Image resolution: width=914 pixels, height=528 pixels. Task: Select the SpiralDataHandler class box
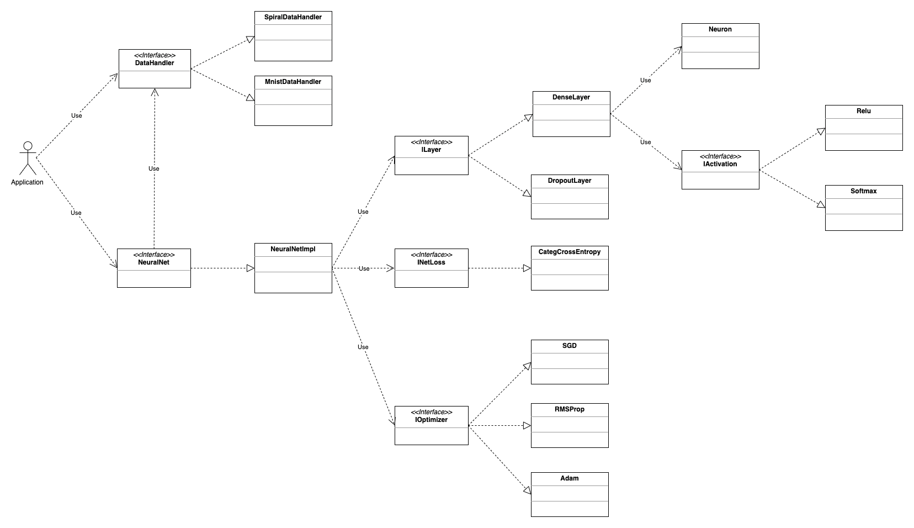[293, 36]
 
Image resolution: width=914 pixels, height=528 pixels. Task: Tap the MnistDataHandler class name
[293, 82]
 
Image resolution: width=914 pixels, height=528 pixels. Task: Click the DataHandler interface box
[155, 68]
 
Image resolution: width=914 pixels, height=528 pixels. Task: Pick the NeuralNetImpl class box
[293, 268]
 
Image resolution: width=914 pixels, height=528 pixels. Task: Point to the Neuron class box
[720, 46]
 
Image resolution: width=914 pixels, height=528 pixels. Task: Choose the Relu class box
[864, 128]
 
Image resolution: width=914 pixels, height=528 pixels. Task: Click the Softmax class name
[864, 191]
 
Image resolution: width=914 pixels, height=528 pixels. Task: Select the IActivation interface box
[720, 170]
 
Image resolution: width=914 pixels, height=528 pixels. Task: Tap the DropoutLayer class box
[570, 197]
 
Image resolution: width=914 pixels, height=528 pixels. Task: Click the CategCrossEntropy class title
[570, 252]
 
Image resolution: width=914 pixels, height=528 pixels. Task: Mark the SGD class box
[570, 362]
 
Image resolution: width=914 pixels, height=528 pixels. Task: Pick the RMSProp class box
[570, 425]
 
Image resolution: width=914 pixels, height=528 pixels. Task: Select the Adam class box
[570, 494]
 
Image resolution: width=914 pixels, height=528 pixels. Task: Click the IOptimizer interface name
[432, 420]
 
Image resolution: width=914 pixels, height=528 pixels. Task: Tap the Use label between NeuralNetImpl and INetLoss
[364, 269]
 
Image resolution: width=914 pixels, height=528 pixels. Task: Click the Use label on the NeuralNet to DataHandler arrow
[154, 168]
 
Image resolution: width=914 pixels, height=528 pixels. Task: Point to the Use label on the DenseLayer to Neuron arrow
[645, 81]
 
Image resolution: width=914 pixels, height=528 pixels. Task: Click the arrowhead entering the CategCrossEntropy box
[527, 268]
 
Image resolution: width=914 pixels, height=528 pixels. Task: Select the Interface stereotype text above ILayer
[432, 142]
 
